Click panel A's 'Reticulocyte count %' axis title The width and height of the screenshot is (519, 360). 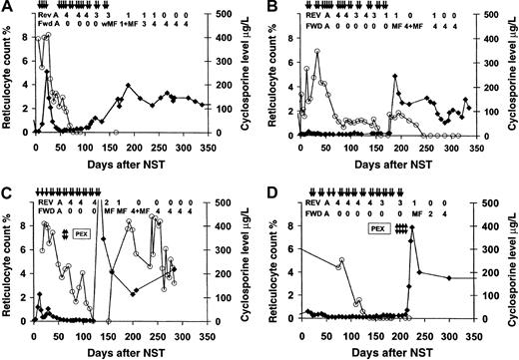(9, 85)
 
